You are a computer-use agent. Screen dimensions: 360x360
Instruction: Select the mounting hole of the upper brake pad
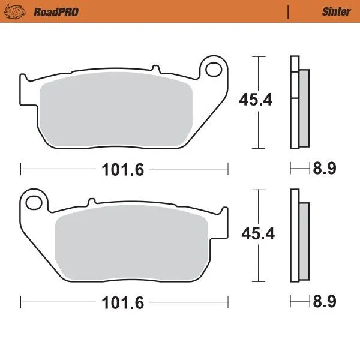tap(212, 70)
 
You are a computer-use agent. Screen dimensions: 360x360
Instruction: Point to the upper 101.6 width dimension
tap(122, 170)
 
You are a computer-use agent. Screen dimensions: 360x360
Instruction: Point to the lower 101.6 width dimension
tap(122, 304)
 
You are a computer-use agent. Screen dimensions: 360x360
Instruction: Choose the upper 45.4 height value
tap(256, 100)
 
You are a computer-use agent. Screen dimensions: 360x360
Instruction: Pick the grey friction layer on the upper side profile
tap(304, 108)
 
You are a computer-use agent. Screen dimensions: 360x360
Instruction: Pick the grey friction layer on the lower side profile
tap(304, 241)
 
